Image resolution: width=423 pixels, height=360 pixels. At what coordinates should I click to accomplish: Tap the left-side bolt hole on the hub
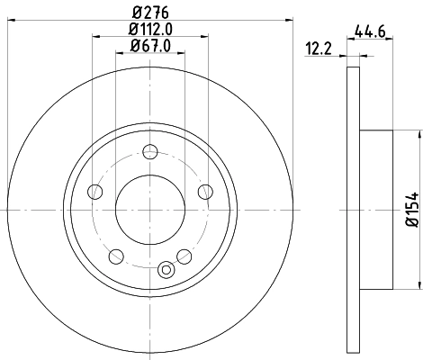click(94, 190)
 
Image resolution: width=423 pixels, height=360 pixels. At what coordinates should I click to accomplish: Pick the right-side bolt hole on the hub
click(204, 190)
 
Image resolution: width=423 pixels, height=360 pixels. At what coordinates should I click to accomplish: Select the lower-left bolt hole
click(115, 256)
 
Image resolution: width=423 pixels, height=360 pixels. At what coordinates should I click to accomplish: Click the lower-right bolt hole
click(184, 256)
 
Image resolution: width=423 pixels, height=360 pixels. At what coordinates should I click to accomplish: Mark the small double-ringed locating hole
click(165, 268)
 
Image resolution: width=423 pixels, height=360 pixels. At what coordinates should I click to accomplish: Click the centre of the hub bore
click(149, 209)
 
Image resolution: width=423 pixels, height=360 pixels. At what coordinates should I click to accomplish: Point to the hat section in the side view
click(376, 209)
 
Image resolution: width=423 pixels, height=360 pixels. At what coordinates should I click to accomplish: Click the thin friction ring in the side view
click(352, 209)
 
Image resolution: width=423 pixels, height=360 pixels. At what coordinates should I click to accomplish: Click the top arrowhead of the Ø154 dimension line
click(419, 133)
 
